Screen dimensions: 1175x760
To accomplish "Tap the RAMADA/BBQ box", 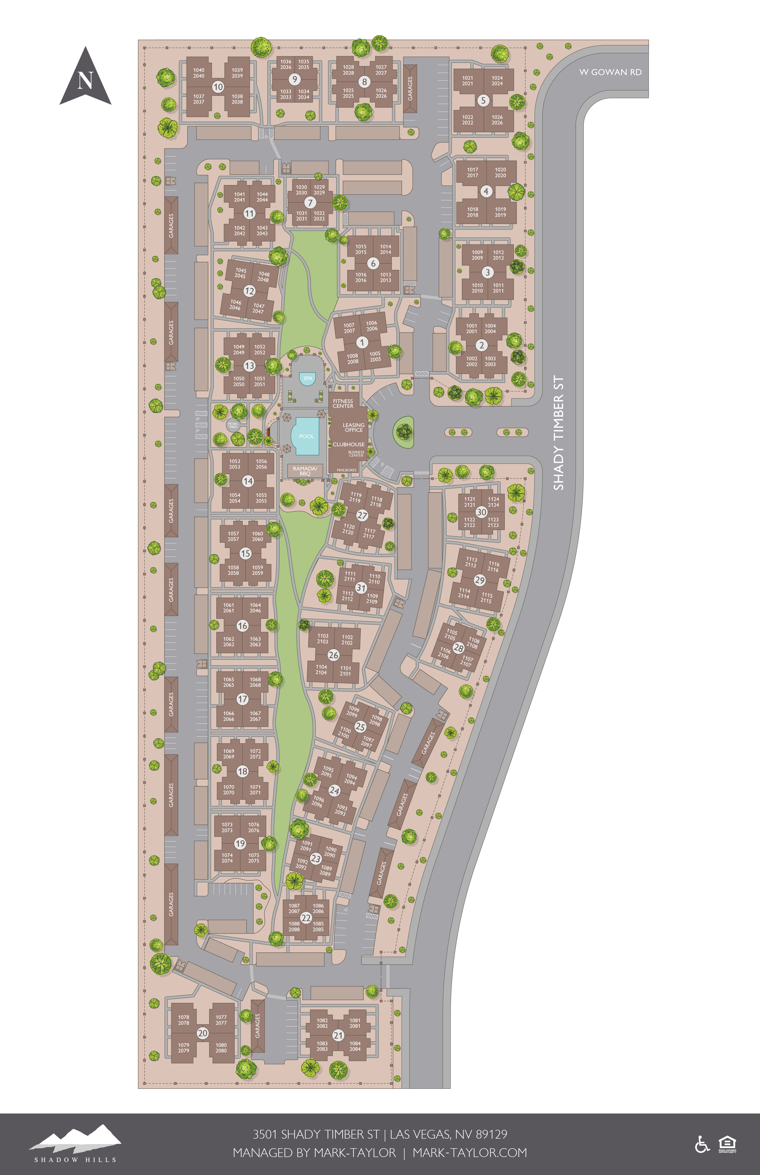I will [x=305, y=471].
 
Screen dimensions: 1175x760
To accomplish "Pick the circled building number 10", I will [x=218, y=87].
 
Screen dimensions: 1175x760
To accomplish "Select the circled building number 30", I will [x=481, y=512].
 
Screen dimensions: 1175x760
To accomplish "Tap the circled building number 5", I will [x=483, y=100].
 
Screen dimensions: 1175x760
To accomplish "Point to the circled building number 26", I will [x=334, y=655].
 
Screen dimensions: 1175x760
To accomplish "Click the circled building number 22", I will [x=306, y=918].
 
